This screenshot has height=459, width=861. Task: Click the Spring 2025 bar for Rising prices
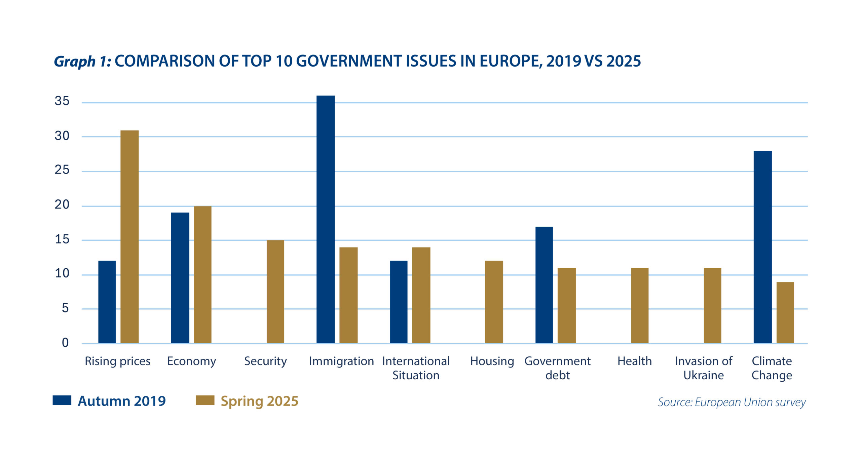click(x=129, y=237)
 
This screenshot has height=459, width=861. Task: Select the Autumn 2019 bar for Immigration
click(x=326, y=219)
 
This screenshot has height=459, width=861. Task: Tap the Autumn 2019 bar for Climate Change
click(x=762, y=247)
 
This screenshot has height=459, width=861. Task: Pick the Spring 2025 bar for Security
click(x=275, y=292)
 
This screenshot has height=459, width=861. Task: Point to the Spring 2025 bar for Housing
click(x=494, y=302)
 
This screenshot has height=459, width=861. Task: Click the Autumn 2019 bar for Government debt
click(x=544, y=285)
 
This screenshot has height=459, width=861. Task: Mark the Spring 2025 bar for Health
click(x=640, y=305)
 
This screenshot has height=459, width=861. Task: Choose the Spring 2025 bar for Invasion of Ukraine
click(x=713, y=305)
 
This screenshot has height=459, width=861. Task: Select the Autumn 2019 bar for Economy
click(x=180, y=278)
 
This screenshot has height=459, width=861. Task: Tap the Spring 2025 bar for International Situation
click(x=421, y=295)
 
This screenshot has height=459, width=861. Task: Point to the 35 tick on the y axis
click(x=62, y=101)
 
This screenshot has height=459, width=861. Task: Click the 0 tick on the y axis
click(x=65, y=343)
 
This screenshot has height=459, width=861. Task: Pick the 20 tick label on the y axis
click(x=62, y=205)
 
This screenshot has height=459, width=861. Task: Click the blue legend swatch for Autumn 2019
click(x=62, y=400)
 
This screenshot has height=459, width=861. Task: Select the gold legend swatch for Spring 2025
click(x=205, y=400)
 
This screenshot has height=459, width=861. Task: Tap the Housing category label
click(x=492, y=361)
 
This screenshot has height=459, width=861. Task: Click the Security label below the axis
click(x=265, y=361)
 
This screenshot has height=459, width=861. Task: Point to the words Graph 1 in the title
click(x=82, y=62)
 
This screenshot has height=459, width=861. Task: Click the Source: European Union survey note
click(x=732, y=402)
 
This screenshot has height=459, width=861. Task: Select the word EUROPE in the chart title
click(x=511, y=61)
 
